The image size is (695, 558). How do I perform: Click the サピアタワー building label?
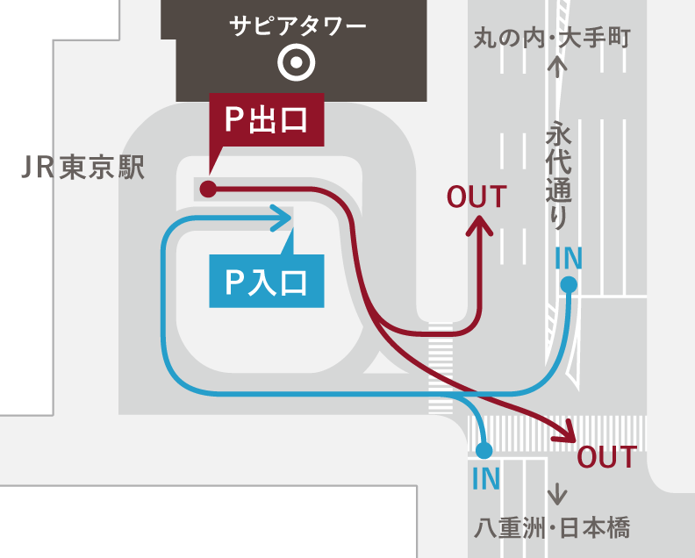(x=297, y=26)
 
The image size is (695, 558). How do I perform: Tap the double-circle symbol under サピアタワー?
(x=297, y=62)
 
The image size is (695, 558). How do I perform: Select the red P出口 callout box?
(x=267, y=120)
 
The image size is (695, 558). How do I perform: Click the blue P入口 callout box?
(x=267, y=281)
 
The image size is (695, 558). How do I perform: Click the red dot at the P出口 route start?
(x=208, y=189)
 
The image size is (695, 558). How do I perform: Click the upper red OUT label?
(x=477, y=197)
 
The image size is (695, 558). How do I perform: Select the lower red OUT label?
(x=606, y=457)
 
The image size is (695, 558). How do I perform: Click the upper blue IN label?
(x=569, y=258)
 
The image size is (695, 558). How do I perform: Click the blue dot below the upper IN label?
(x=569, y=284)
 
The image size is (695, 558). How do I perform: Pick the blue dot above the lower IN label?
(x=483, y=451)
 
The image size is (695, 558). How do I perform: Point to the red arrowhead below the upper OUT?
(x=479, y=226)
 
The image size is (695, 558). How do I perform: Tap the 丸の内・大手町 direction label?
(x=552, y=39)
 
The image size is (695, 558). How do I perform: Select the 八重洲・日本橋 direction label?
(x=552, y=527)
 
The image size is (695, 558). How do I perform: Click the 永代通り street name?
(x=557, y=175)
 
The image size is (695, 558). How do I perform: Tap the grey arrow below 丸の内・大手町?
(x=557, y=67)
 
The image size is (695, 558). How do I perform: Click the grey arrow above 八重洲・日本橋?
(x=556, y=494)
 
